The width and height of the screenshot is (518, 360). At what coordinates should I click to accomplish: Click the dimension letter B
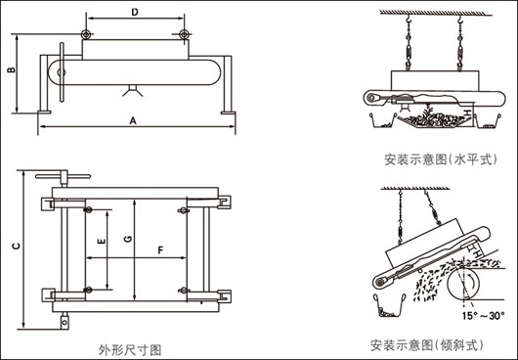(x=10, y=71)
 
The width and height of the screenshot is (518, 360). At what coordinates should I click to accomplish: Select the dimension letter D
(x=134, y=12)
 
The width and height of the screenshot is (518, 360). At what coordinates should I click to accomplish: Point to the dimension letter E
(x=101, y=239)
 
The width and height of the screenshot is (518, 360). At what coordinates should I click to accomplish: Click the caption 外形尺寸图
(x=130, y=348)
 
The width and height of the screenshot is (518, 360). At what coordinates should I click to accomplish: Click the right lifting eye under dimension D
(x=181, y=36)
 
